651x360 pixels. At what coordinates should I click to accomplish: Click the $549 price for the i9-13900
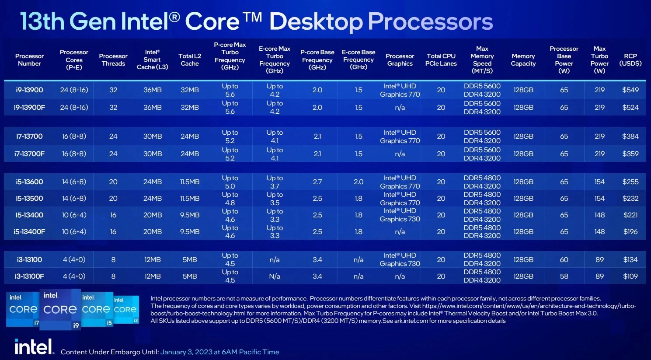pos(630,90)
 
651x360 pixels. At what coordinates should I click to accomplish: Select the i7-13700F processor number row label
pos(29,154)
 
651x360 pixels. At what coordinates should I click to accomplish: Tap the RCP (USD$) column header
pos(630,60)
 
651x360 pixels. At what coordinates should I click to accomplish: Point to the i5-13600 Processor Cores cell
pos(74,182)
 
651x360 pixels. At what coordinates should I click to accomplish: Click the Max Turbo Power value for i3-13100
pos(599,260)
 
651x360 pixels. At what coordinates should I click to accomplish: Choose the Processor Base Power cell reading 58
pos(564,276)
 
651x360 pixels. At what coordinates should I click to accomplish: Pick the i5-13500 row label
pos(29,199)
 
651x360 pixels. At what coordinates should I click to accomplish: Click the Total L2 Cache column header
pos(190,60)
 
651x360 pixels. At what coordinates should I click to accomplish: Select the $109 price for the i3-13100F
pos(630,276)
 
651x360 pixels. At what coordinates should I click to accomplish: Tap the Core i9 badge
pos(60,309)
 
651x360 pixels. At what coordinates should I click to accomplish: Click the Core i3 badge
pos(126,310)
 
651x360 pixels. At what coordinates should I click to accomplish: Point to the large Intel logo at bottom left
pos(34,347)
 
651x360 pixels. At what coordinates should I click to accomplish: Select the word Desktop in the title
pos(316,22)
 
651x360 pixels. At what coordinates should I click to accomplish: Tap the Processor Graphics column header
pos(400,60)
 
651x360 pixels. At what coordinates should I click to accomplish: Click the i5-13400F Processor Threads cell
pos(113,232)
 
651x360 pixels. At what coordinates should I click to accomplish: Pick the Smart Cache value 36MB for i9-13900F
pos(153,108)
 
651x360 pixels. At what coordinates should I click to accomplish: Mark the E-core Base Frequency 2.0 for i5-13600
pos(359,182)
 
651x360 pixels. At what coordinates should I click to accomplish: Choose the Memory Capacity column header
pos(523,60)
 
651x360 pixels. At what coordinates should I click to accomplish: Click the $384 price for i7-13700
pos(630,136)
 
